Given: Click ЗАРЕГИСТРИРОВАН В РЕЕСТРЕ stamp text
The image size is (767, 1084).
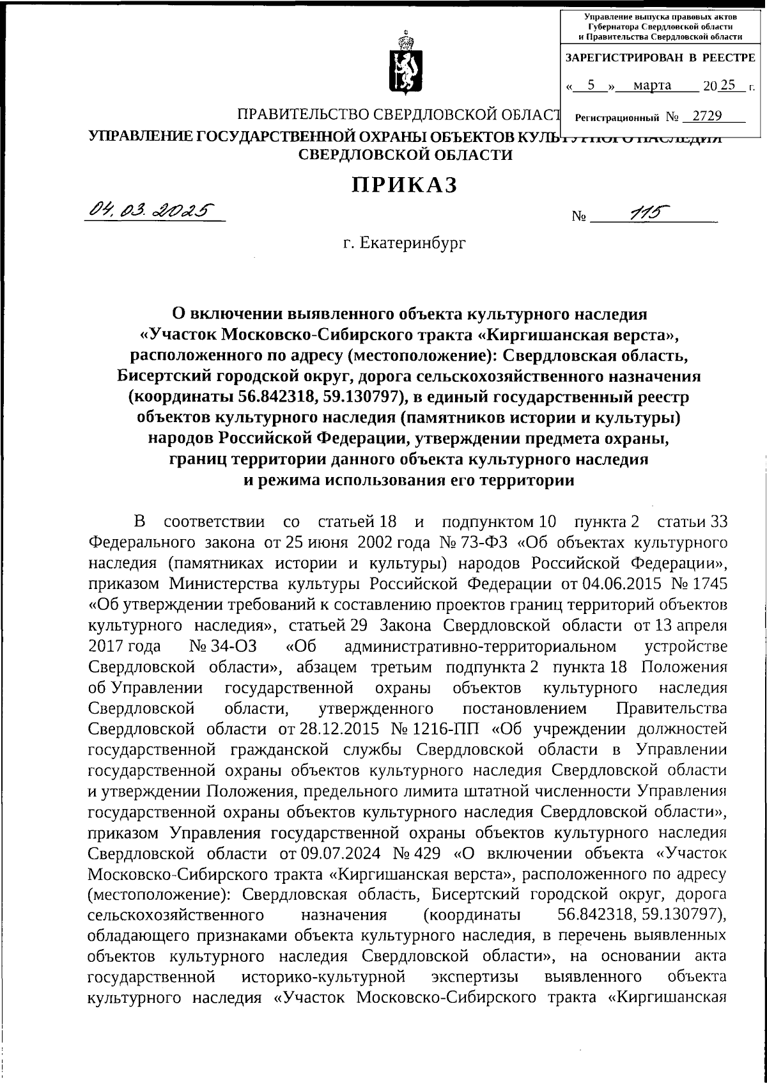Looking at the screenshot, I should click(x=661, y=58).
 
